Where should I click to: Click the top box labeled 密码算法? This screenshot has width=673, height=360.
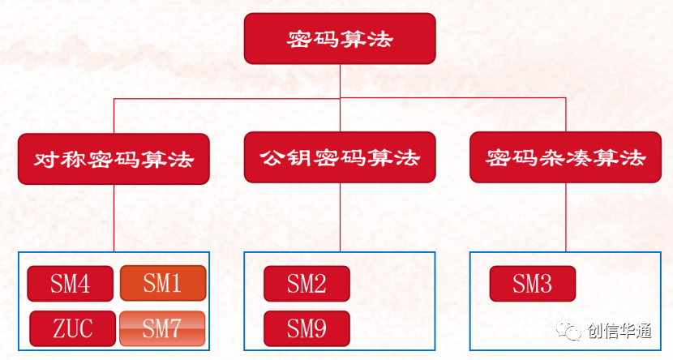coord(340,39)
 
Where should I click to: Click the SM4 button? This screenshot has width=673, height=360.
coord(70,284)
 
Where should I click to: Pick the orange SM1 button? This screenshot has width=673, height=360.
coord(162,284)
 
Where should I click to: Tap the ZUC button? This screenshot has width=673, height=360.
coord(72,328)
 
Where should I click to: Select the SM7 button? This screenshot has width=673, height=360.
coord(162,328)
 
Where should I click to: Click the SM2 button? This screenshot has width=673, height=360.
coord(306,284)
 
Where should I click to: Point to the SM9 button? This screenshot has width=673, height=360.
coord(306,328)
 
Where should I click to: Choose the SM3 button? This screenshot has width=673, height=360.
coord(532,284)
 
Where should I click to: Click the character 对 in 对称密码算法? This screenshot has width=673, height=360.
coord(45,158)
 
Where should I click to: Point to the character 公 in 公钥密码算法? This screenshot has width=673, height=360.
coord(271,158)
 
